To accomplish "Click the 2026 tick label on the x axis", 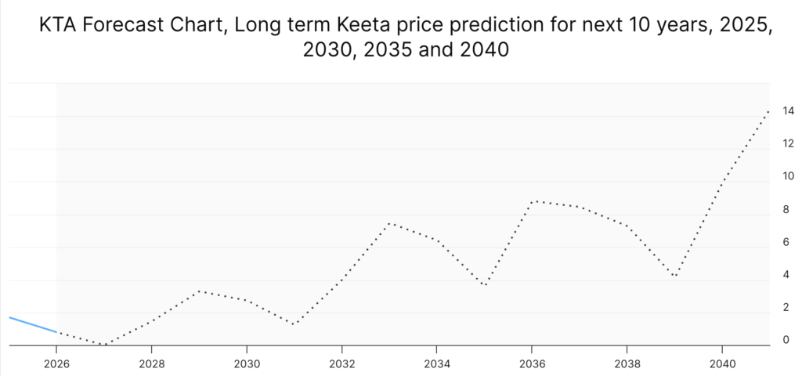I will (56, 363).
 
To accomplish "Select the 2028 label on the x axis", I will (151, 363).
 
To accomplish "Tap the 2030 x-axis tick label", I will (247, 363).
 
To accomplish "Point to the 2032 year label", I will (341, 363).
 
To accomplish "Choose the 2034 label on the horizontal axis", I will (436, 363).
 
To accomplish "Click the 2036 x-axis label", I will (532, 363).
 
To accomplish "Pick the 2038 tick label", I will (627, 363).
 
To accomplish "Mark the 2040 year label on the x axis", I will (721, 363).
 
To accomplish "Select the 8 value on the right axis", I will (786, 209).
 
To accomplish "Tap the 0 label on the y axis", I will (786, 340).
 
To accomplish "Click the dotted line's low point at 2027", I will (103, 345).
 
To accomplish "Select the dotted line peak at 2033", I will (389, 223).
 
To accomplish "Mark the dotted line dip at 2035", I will (485, 285).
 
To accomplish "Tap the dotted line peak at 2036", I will (533, 201).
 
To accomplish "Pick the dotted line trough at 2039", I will (674, 276).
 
